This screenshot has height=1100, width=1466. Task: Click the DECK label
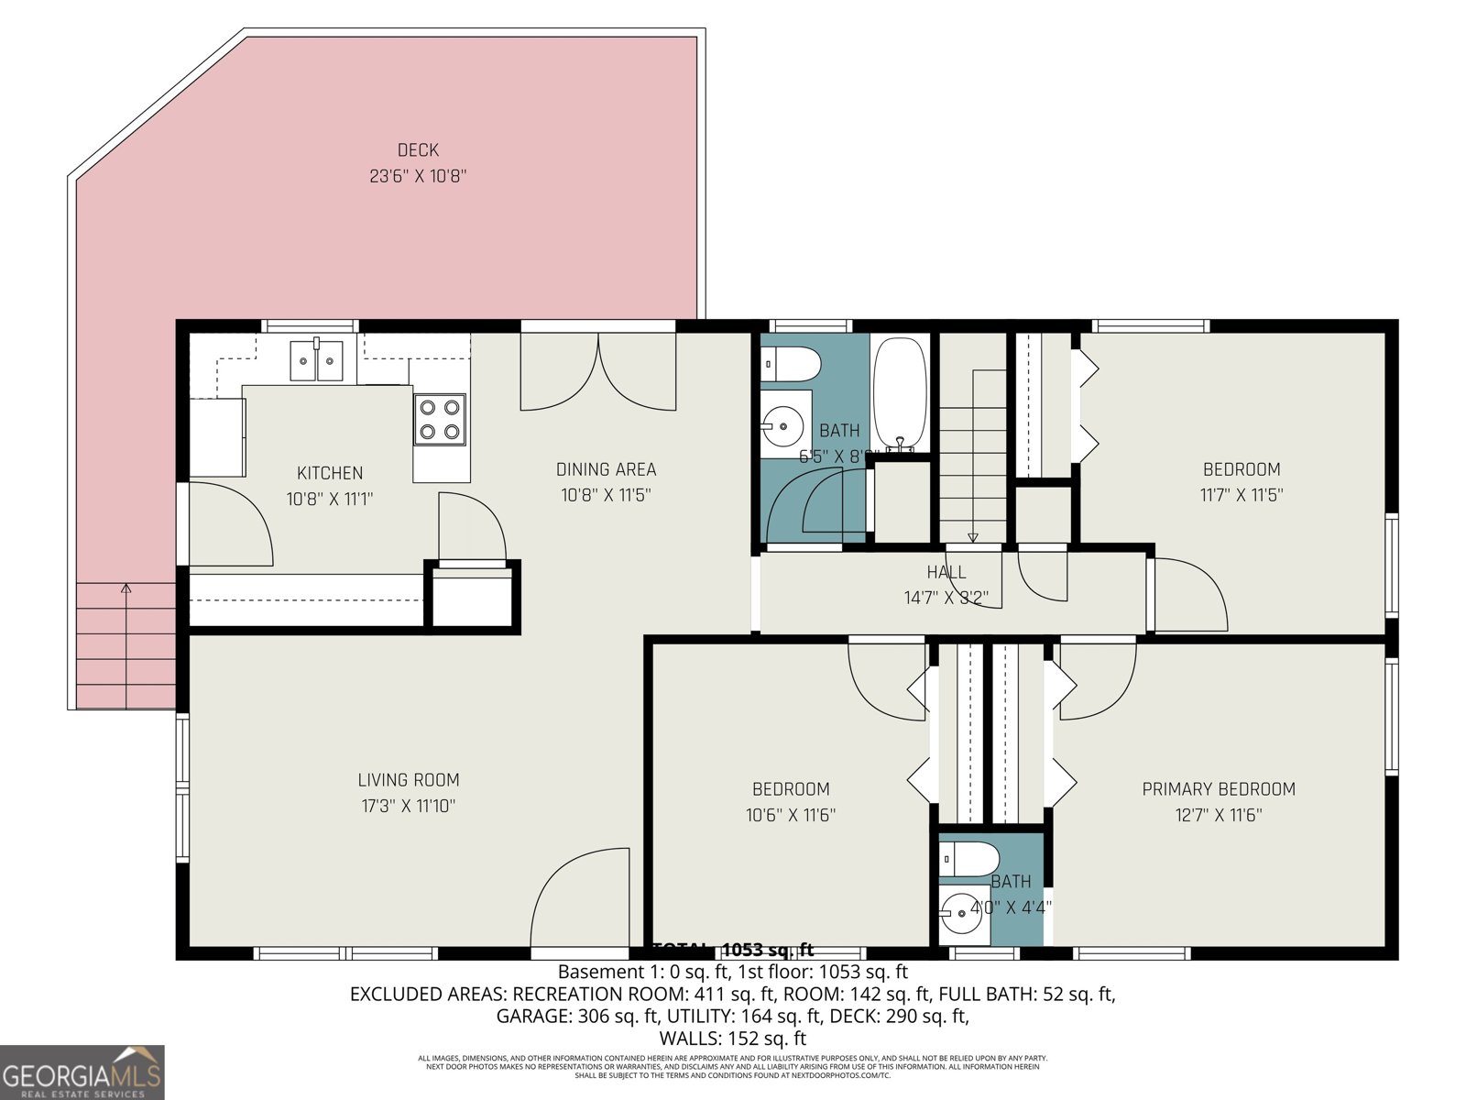[418, 150]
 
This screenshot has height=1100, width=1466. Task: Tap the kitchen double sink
[316, 360]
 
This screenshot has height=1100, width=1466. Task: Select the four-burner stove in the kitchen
[440, 419]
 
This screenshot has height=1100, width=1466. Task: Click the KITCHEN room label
[330, 473]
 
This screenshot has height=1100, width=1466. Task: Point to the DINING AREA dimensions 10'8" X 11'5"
[606, 496]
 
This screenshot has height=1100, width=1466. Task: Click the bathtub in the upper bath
[900, 394]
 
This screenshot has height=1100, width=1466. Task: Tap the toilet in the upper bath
[791, 364]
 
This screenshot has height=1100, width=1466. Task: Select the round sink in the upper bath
[782, 425]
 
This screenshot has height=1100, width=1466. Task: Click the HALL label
[946, 572]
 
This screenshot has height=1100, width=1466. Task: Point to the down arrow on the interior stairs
[973, 537]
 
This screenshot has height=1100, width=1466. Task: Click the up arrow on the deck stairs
[126, 588]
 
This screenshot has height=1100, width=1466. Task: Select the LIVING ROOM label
[409, 780]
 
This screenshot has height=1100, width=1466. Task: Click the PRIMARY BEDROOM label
[1219, 789]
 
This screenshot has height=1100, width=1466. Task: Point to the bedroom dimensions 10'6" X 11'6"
[791, 815]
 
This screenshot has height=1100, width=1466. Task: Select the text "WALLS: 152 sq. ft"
[733, 1039]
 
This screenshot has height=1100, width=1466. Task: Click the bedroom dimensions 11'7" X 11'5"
[1242, 496]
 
